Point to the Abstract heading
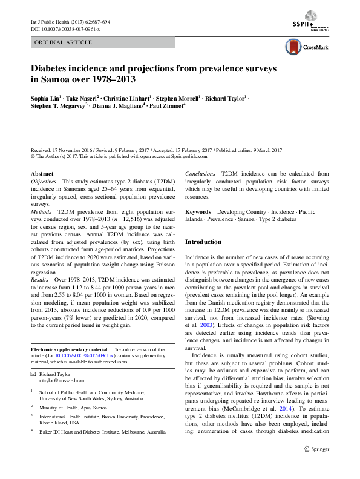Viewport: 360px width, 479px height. (x=41, y=174)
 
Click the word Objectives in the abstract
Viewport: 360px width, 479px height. (x=44, y=182)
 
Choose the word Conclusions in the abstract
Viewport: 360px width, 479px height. (x=200, y=174)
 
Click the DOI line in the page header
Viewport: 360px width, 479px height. (x=65, y=29)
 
